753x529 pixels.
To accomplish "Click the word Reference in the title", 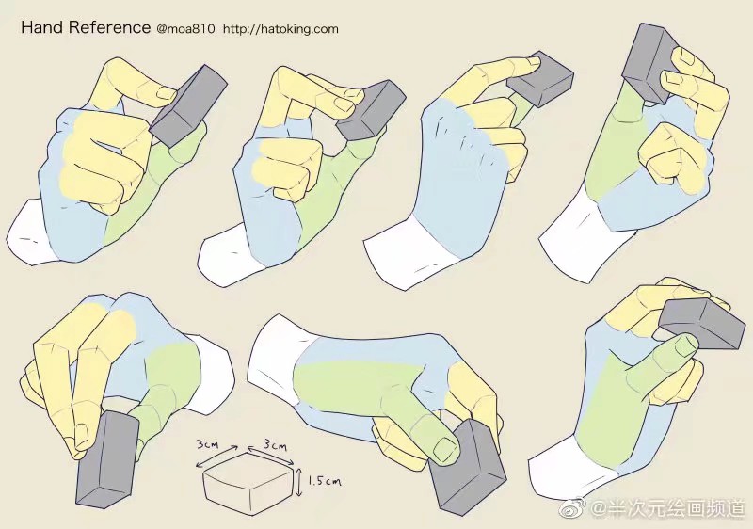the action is tap(109, 27).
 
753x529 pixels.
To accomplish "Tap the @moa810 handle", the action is tap(185, 29).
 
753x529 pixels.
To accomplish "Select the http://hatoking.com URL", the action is tap(280, 29).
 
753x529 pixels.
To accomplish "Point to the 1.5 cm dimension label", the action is tap(325, 480).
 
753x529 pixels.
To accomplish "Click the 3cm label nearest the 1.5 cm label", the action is tap(275, 446).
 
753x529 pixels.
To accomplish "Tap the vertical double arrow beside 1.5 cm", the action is tap(299, 483).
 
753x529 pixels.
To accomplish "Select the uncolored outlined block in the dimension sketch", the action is tap(248, 484).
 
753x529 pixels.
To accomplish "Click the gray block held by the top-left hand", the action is tap(187, 105).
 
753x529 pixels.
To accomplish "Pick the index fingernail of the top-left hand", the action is tap(168, 92).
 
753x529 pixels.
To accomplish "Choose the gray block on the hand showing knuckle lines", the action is tap(539, 78).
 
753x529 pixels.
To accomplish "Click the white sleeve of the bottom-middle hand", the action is tap(275, 360).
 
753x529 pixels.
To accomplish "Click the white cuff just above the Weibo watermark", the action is tap(569, 468).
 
